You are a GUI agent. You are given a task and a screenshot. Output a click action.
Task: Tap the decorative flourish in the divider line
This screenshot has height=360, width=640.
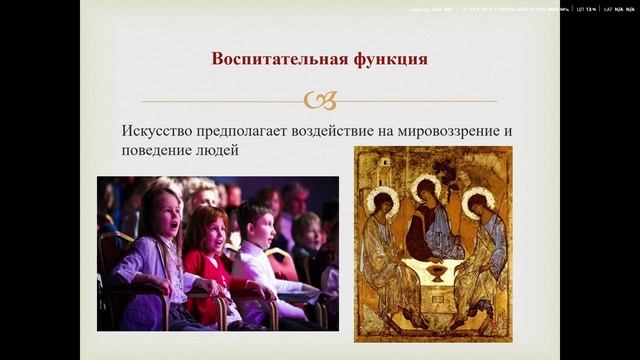pyautogui.click(x=319, y=100)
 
